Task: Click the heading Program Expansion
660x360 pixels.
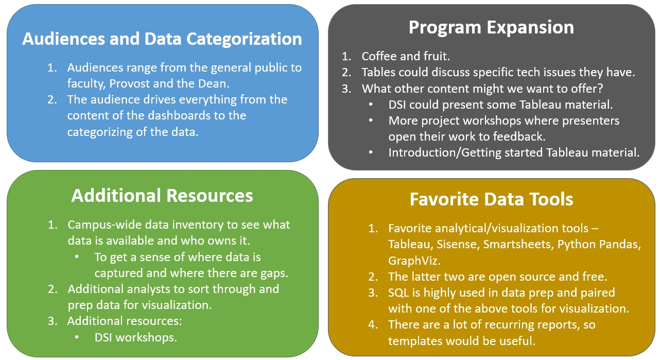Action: [491, 27]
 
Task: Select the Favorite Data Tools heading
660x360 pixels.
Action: [491, 199]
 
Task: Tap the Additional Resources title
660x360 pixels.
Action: [162, 196]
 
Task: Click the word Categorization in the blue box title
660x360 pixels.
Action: [244, 39]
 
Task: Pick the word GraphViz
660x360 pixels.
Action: [414, 261]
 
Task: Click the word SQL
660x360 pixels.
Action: [398, 293]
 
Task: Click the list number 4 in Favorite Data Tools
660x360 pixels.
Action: [373, 325]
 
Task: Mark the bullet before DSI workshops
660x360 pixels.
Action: [77, 337]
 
